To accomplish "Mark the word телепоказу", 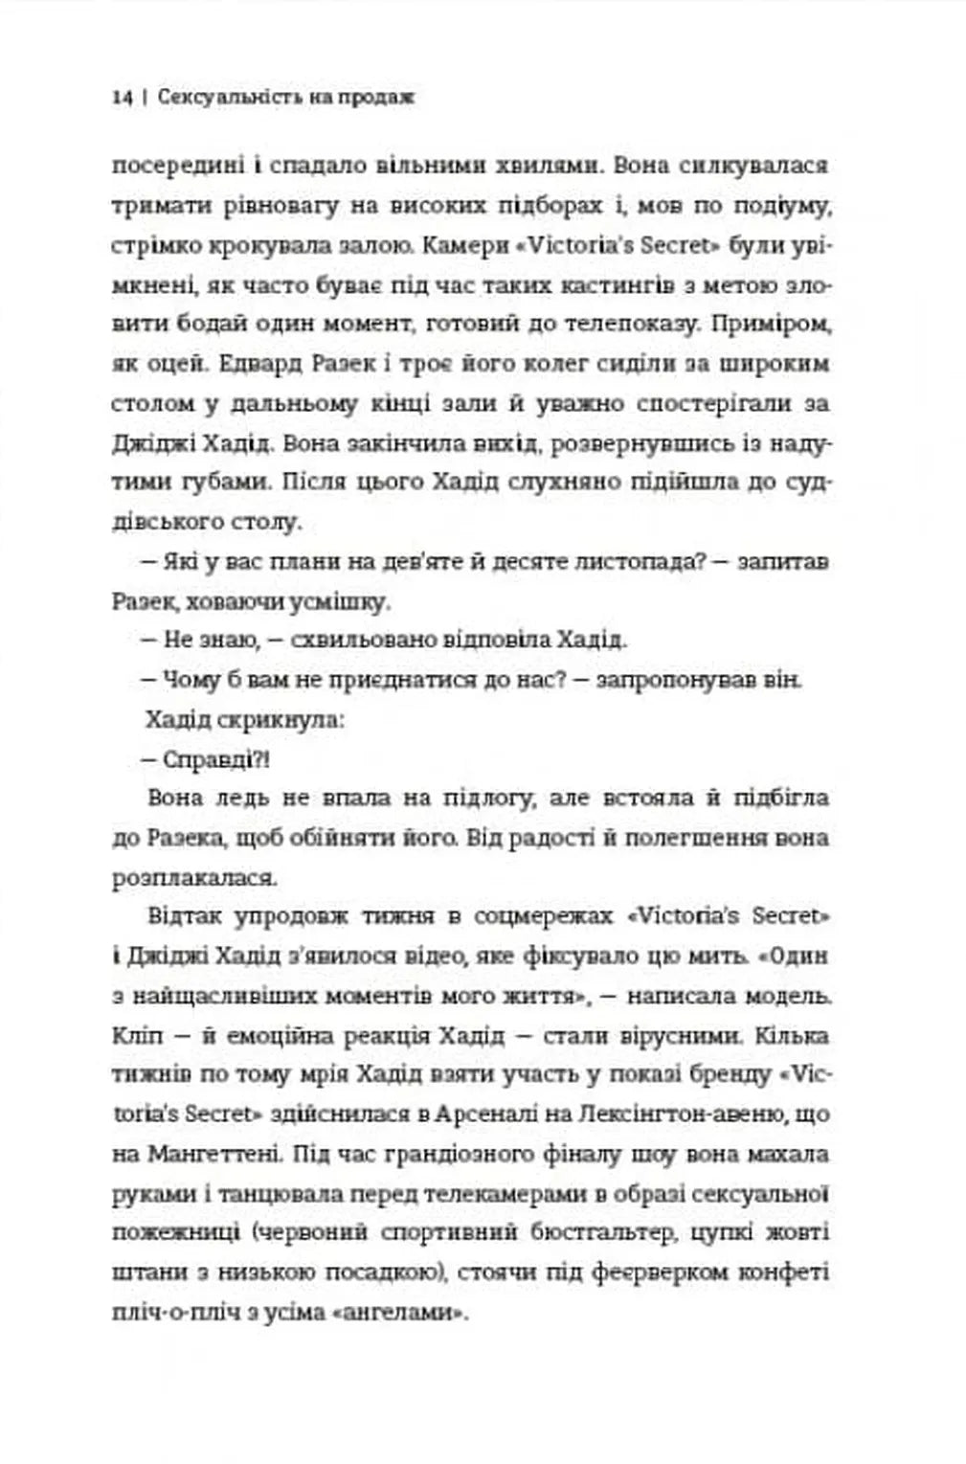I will click(x=622, y=325).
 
